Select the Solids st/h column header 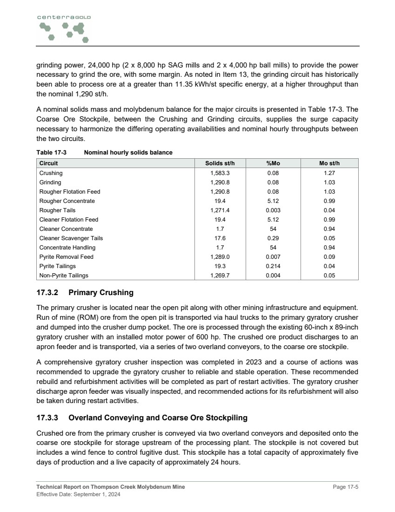[x=218, y=163]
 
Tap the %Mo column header [x=273, y=163]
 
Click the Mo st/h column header [x=329, y=163]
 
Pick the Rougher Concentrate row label [x=67, y=201]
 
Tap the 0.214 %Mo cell [x=273, y=266]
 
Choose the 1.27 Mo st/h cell [x=329, y=173]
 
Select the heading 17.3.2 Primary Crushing [x=85, y=293]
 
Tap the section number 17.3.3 [x=48, y=418]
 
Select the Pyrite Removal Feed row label [x=66, y=257]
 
